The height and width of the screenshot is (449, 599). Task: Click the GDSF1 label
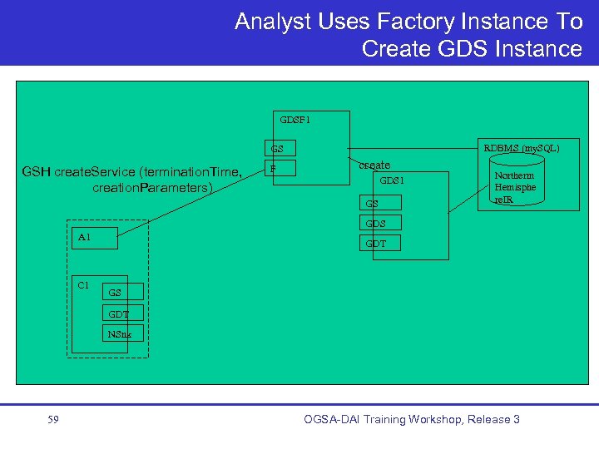(x=295, y=120)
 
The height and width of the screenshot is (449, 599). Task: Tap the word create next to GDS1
(x=374, y=165)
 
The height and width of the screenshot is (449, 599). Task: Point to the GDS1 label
(x=392, y=180)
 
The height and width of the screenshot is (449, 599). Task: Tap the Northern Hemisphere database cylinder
(x=514, y=188)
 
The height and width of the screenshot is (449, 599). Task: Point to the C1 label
(x=83, y=285)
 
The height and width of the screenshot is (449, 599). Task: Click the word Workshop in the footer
(x=414, y=419)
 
